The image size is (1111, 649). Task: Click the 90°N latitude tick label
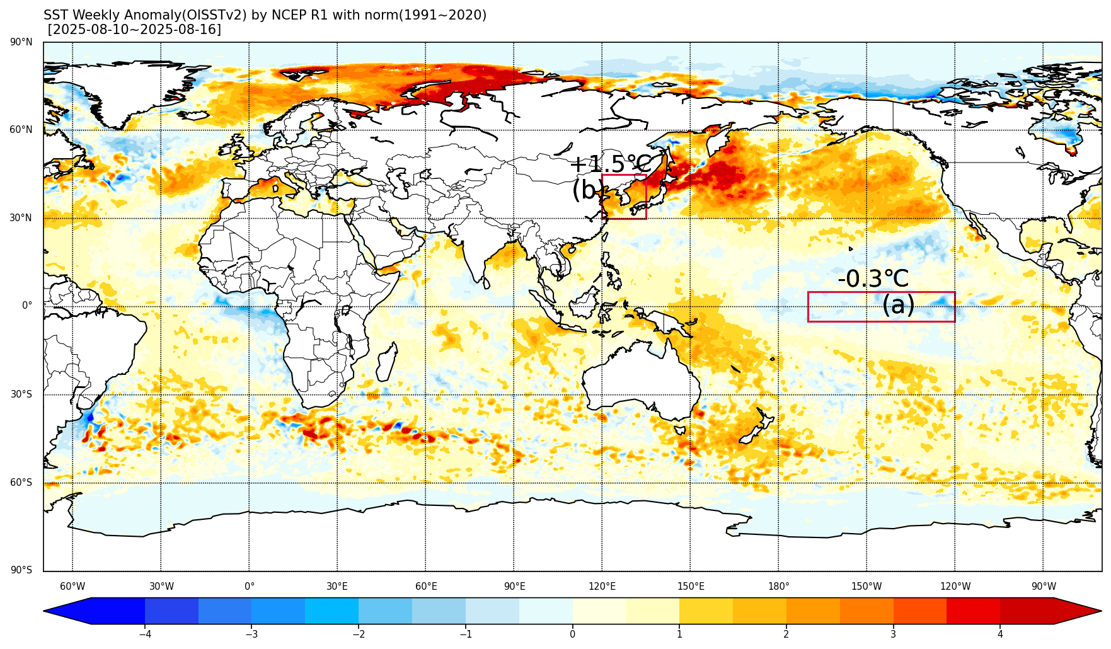point(21,42)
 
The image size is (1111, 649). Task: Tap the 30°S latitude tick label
point(21,394)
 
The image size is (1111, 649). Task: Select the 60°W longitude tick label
point(72,587)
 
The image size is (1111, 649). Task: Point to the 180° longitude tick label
point(778,587)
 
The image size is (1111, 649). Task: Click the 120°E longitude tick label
point(602,587)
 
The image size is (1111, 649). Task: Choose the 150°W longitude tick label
point(866,587)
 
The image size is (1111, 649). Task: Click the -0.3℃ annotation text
point(873,279)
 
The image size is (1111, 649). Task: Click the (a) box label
point(898,305)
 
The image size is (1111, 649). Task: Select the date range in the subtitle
point(135,30)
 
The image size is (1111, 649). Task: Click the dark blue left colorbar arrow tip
point(45,611)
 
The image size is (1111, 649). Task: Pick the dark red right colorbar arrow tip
point(1101,611)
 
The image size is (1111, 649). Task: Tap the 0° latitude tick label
point(27,306)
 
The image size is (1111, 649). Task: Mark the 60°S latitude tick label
point(21,483)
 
